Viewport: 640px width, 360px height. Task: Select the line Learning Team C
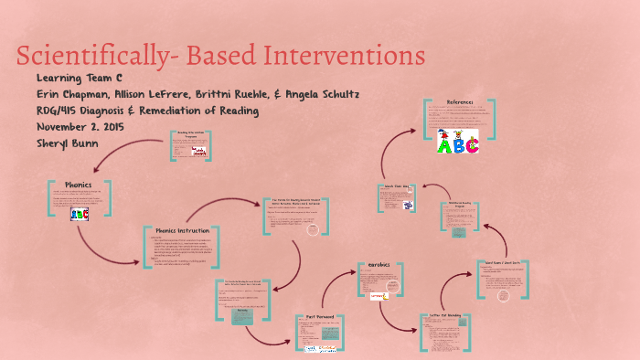click(80, 79)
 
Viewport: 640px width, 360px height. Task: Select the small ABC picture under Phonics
click(80, 214)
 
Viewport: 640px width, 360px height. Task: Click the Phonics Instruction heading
click(183, 231)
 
